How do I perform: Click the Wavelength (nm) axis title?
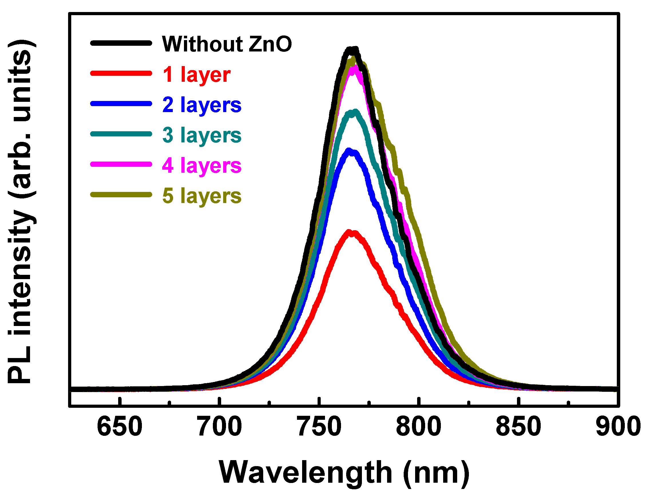pyautogui.click(x=344, y=473)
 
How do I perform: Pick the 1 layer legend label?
pyautogui.click(x=197, y=75)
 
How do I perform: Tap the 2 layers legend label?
pyautogui.click(x=202, y=105)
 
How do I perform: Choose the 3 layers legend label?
pyautogui.click(x=202, y=135)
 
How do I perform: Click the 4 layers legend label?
pyautogui.click(x=202, y=166)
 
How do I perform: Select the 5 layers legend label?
pyautogui.click(x=202, y=196)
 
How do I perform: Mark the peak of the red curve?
pyautogui.click(x=352, y=233)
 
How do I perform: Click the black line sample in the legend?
pyautogui.click(x=121, y=43)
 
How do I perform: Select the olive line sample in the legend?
pyautogui.click(x=121, y=195)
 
